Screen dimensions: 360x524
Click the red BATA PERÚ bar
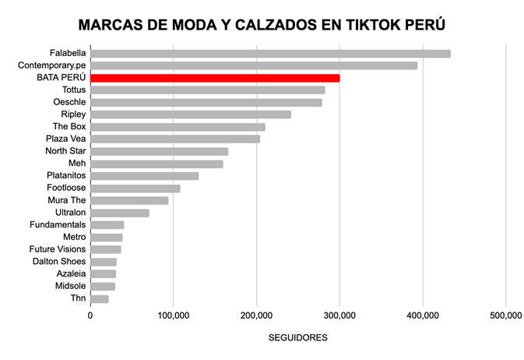click(215, 78)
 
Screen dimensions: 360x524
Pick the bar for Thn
click(100, 298)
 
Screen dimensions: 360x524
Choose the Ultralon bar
click(120, 213)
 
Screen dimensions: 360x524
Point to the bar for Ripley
click(191, 115)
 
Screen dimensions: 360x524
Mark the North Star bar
click(160, 151)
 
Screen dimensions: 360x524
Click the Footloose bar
click(135, 188)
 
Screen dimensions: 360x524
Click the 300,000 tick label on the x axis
click(339, 316)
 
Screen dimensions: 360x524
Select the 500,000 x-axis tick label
click(505, 316)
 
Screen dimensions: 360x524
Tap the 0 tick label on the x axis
click(90, 316)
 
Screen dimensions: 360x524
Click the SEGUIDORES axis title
click(297, 338)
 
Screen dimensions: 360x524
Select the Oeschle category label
click(69, 102)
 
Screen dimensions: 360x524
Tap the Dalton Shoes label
click(59, 261)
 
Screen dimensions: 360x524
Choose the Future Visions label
click(58, 249)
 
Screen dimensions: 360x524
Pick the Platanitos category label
click(66, 175)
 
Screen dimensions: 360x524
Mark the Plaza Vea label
click(65, 139)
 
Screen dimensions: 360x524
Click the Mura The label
click(67, 200)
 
